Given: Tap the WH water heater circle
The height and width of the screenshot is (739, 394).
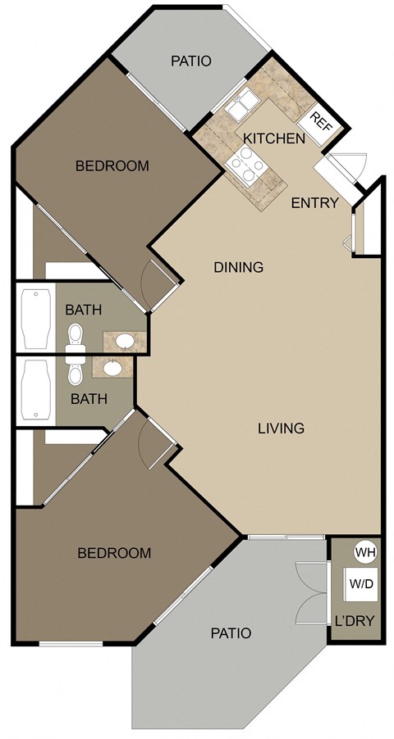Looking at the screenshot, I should tap(365, 553).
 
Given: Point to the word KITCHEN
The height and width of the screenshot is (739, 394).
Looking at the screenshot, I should tap(273, 138).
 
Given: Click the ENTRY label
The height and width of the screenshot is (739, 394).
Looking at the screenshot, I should tap(314, 203).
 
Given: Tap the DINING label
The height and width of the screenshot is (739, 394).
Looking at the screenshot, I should tap(238, 267).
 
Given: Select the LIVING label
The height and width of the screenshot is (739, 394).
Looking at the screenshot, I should tap(281, 428).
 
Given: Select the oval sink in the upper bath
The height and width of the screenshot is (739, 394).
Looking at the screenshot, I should tap(124, 340).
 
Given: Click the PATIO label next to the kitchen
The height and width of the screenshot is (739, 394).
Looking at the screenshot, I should tap(191, 61).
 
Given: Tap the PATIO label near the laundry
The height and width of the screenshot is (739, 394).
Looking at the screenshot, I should tap(230, 633).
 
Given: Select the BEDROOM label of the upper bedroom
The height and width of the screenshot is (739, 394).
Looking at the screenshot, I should tap(112, 166).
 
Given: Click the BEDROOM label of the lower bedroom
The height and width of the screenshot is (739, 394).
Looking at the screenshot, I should tap(114, 553).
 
